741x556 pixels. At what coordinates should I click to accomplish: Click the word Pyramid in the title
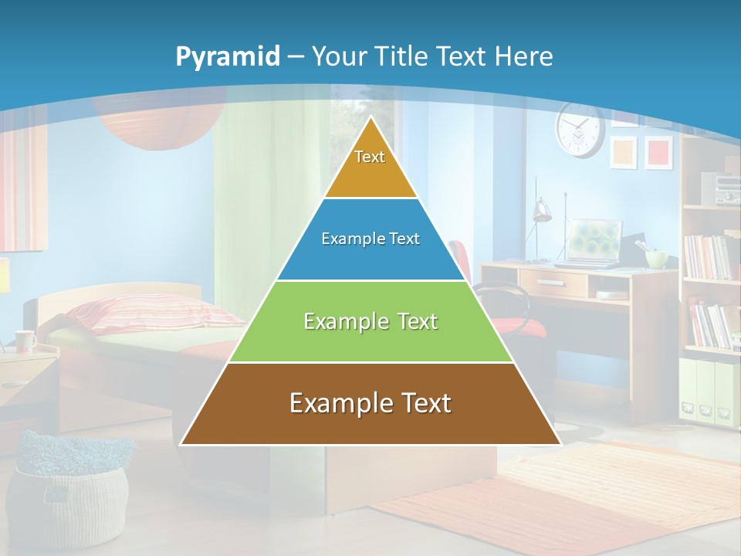tap(228, 57)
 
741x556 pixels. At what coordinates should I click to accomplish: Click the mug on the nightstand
tap(25, 341)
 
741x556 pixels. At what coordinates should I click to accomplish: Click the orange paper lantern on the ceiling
tap(158, 124)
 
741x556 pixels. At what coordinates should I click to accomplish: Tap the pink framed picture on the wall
tap(658, 152)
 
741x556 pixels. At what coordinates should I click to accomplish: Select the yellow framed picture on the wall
tap(624, 152)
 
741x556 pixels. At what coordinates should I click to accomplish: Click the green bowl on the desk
tap(656, 259)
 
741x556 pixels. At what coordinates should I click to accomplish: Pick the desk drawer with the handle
tap(551, 283)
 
